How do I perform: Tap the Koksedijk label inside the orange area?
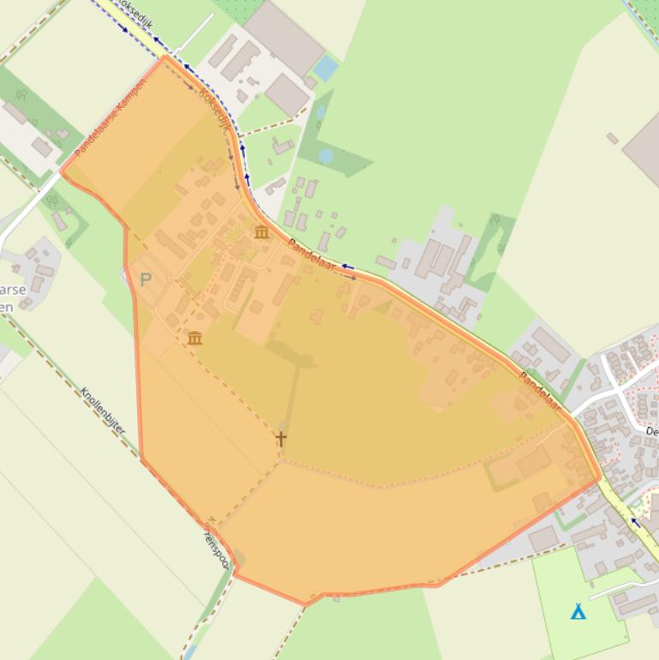(x=215, y=109)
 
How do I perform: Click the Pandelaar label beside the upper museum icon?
(x=311, y=255)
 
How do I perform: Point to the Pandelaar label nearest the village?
(x=540, y=391)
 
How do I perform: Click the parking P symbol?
(x=146, y=279)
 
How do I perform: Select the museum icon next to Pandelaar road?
(x=261, y=232)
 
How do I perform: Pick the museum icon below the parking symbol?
(x=195, y=339)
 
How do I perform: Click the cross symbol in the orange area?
(x=281, y=438)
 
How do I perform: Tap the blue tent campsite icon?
(x=578, y=612)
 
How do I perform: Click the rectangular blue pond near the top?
(x=326, y=67)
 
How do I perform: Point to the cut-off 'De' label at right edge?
(x=651, y=431)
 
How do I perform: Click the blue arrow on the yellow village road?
(x=636, y=522)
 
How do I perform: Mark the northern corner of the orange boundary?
(x=164, y=57)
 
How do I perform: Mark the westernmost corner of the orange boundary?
(x=62, y=171)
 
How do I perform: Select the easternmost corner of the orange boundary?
(x=599, y=479)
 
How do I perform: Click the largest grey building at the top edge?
(x=284, y=37)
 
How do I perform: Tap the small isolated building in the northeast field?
(x=612, y=138)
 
